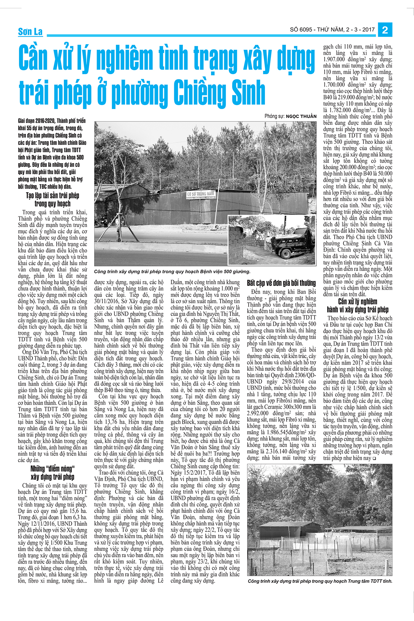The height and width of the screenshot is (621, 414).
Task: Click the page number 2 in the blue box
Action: pos(385,30)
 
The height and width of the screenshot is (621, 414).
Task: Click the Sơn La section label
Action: pos(30,32)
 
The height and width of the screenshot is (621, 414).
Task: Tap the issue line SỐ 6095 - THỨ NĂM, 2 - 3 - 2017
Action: pos(332,30)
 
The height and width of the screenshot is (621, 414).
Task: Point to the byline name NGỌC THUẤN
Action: pos(301,116)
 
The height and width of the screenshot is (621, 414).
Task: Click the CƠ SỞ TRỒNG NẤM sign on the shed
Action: pos(200,194)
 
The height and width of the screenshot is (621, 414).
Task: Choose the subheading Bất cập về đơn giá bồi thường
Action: pos(281,283)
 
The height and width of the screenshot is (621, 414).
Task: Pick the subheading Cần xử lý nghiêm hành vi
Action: pos(357,305)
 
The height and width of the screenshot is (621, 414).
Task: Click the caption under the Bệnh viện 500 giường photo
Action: pos(172,272)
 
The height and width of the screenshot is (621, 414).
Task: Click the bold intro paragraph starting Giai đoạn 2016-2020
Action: pos(52,154)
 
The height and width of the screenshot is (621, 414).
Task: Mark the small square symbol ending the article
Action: pos(374,459)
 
